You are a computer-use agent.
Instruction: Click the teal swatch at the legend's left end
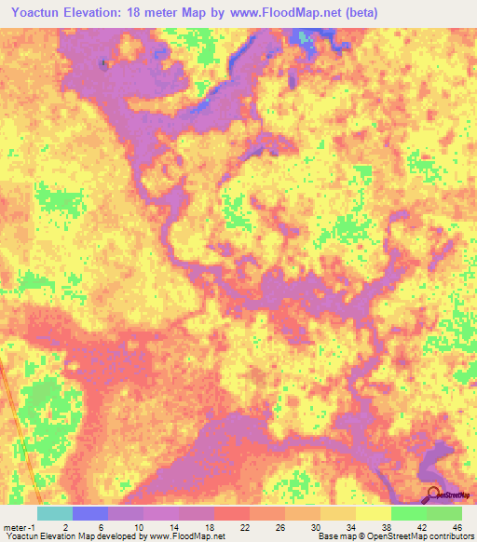tap(54, 513)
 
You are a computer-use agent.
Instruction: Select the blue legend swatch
tap(89, 513)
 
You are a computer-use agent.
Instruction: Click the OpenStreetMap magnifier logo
tap(434, 494)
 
